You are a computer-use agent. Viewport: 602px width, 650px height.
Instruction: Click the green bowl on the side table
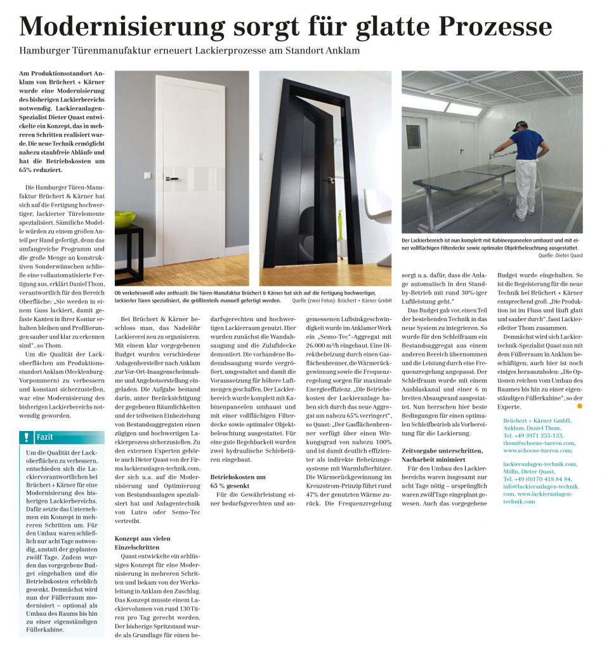pyautogui.click(x=124, y=218)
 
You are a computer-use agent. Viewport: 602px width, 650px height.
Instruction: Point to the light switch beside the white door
pyautogui.click(x=147, y=176)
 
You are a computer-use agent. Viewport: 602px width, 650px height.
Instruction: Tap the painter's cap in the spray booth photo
pyautogui.click(x=520, y=125)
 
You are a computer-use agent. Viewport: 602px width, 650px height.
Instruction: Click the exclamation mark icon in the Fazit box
pyautogui.click(x=26, y=437)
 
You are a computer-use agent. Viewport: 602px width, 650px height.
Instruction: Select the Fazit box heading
pyautogui.click(x=45, y=437)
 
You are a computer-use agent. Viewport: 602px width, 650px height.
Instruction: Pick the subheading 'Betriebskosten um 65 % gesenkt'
pyautogui.click(x=238, y=481)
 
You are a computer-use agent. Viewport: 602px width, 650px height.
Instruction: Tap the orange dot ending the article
pyautogui.click(x=579, y=406)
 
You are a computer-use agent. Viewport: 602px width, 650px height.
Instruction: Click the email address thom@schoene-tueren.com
pyautogui.click(x=539, y=443)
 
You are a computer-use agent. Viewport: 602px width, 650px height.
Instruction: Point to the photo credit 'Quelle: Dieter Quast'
pyautogui.click(x=559, y=255)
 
